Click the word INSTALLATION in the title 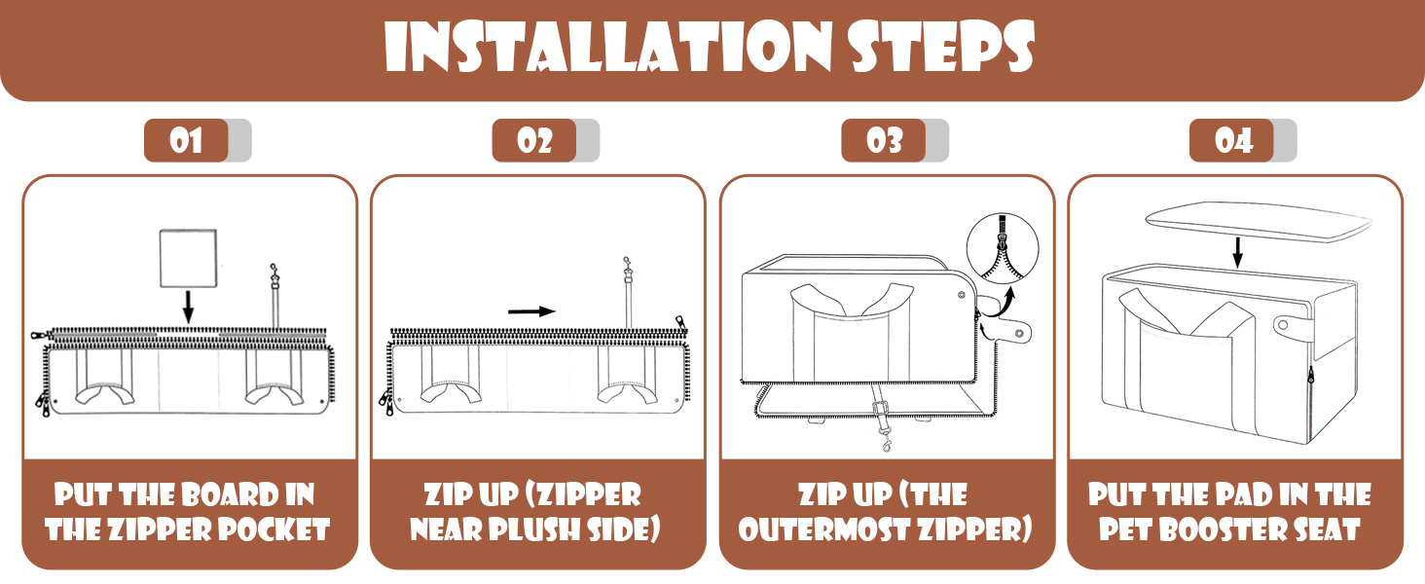click(607, 46)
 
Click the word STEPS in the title click(941, 46)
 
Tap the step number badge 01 click(186, 140)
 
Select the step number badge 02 click(534, 140)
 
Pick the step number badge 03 click(884, 140)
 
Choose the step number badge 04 click(1232, 140)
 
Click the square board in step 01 click(188, 258)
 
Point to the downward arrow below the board click(188, 308)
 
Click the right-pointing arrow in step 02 click(531, 311)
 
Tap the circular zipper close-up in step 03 click(1003, 248)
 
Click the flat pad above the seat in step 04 click(1259, 221)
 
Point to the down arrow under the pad click(1237, 252)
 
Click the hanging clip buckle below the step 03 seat click(882, 423)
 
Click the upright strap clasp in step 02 click(628, 293)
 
